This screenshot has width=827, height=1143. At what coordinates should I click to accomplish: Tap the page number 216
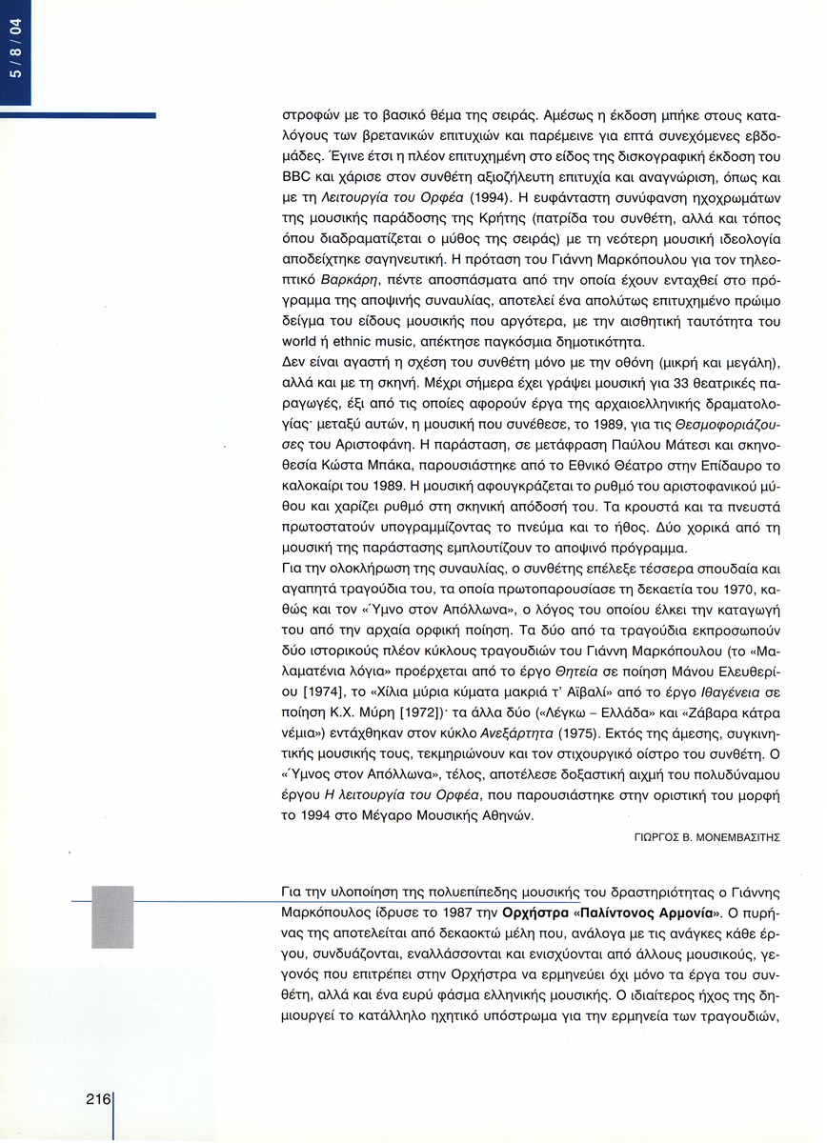point(98,1097)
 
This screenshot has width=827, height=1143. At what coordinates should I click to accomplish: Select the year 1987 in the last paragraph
point(449,912)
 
